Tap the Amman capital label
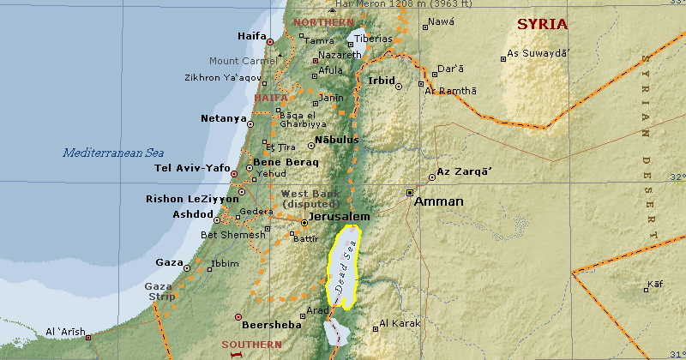(438, 202)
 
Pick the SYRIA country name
(542, 24)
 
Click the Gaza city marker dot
(187, 267)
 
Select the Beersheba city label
(272, 325)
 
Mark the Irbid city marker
(398, 86)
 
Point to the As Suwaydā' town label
(539, 53)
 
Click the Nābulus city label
(336, 139)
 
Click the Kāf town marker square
(647, 289)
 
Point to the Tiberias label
(375, 39)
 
